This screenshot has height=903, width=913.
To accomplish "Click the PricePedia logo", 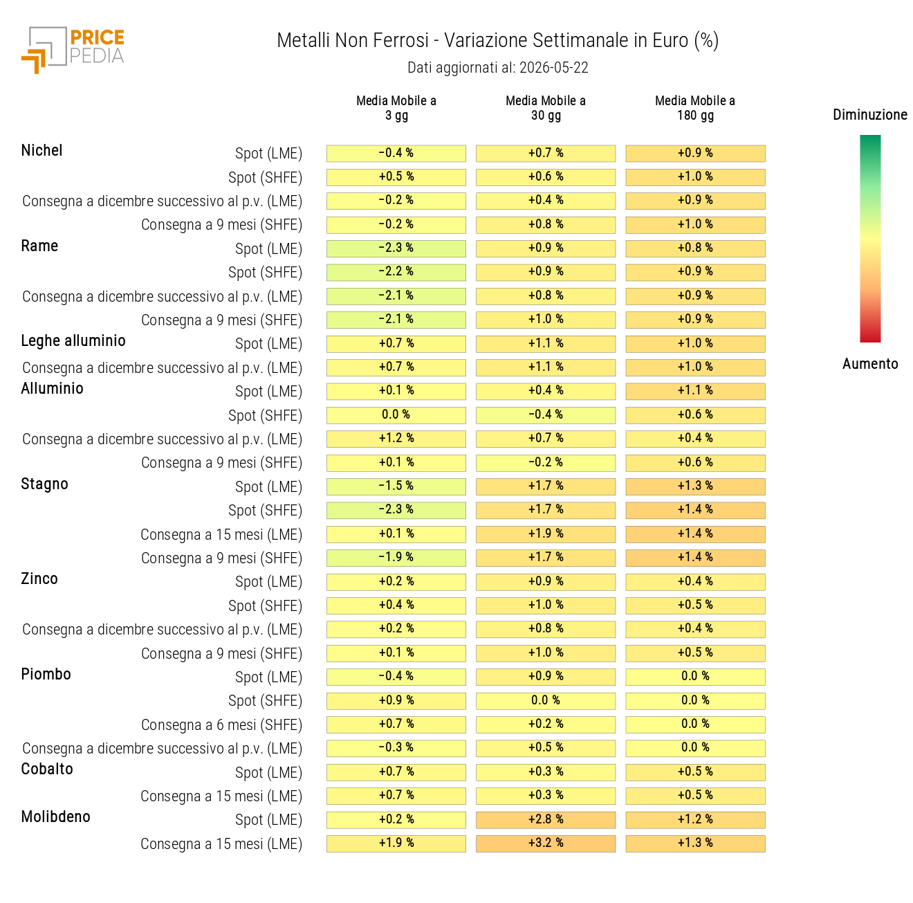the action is pos(73,50).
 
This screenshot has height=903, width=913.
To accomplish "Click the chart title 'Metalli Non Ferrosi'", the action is pos(353,40).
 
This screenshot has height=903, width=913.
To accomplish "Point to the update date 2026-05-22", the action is pos(553,68).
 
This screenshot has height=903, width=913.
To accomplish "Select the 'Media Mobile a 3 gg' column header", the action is pos(396,108).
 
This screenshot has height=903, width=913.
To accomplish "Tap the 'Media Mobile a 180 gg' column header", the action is pos(694,108).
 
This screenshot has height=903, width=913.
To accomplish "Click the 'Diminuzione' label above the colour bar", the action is pos(870,115).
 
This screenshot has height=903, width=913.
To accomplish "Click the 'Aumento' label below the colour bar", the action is pos(870,363).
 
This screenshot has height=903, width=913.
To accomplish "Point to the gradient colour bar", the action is pos(870,239).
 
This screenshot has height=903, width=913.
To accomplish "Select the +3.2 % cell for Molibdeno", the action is pos(545,843).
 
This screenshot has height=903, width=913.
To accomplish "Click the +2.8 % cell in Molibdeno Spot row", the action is pos(545,819).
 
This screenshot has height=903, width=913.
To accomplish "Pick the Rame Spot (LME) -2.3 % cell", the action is pos(396,248).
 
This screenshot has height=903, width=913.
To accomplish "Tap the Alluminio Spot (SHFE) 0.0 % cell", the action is pos(396,415).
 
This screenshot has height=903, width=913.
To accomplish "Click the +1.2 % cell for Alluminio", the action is pos(396,439).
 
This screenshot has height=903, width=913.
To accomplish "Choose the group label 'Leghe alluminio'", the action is pos(73,341).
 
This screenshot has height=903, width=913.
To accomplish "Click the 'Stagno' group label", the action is pos(44,484).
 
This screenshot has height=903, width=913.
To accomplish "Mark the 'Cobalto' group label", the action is pos(47,769).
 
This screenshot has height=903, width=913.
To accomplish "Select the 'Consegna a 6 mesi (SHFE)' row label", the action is pos(221,724).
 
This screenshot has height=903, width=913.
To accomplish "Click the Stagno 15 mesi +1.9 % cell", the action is pos(545,534).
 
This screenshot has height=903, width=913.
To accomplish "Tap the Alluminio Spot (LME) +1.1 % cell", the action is pos(694,391).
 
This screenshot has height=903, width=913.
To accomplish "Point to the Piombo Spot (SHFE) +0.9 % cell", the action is pos(396,700).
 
